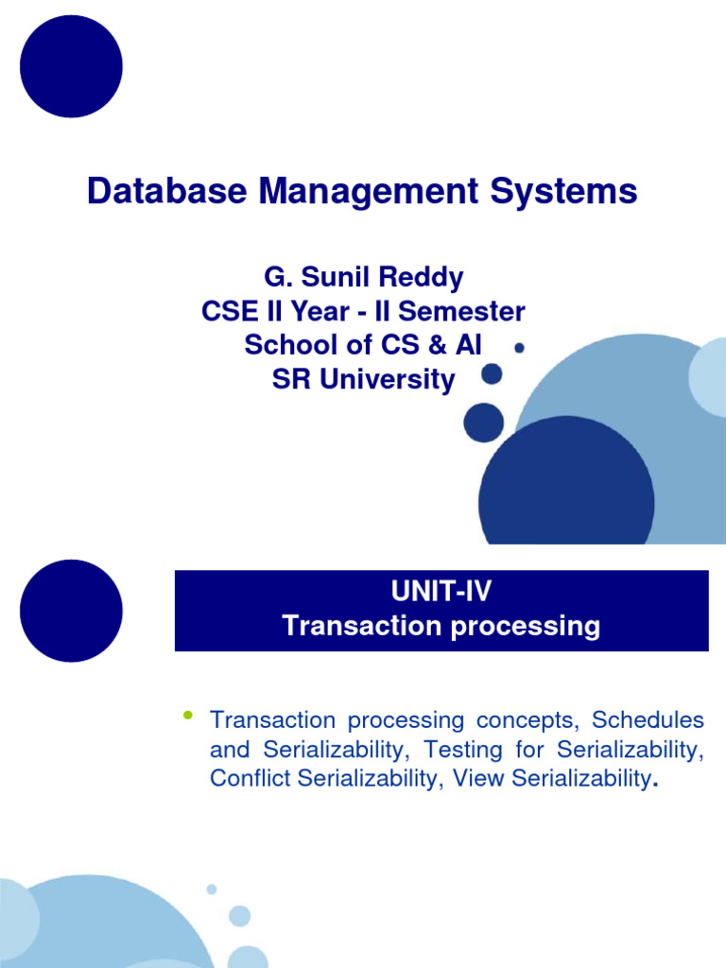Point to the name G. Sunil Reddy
click(363, 278)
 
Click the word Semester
click(462, 312)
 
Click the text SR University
click(363, 380)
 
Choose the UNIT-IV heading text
click(441, 593)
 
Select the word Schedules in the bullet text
click(648, 720)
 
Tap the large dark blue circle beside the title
click(71, 66)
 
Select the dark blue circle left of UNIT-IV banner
click(71, 611)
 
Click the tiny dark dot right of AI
click(519, 348)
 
